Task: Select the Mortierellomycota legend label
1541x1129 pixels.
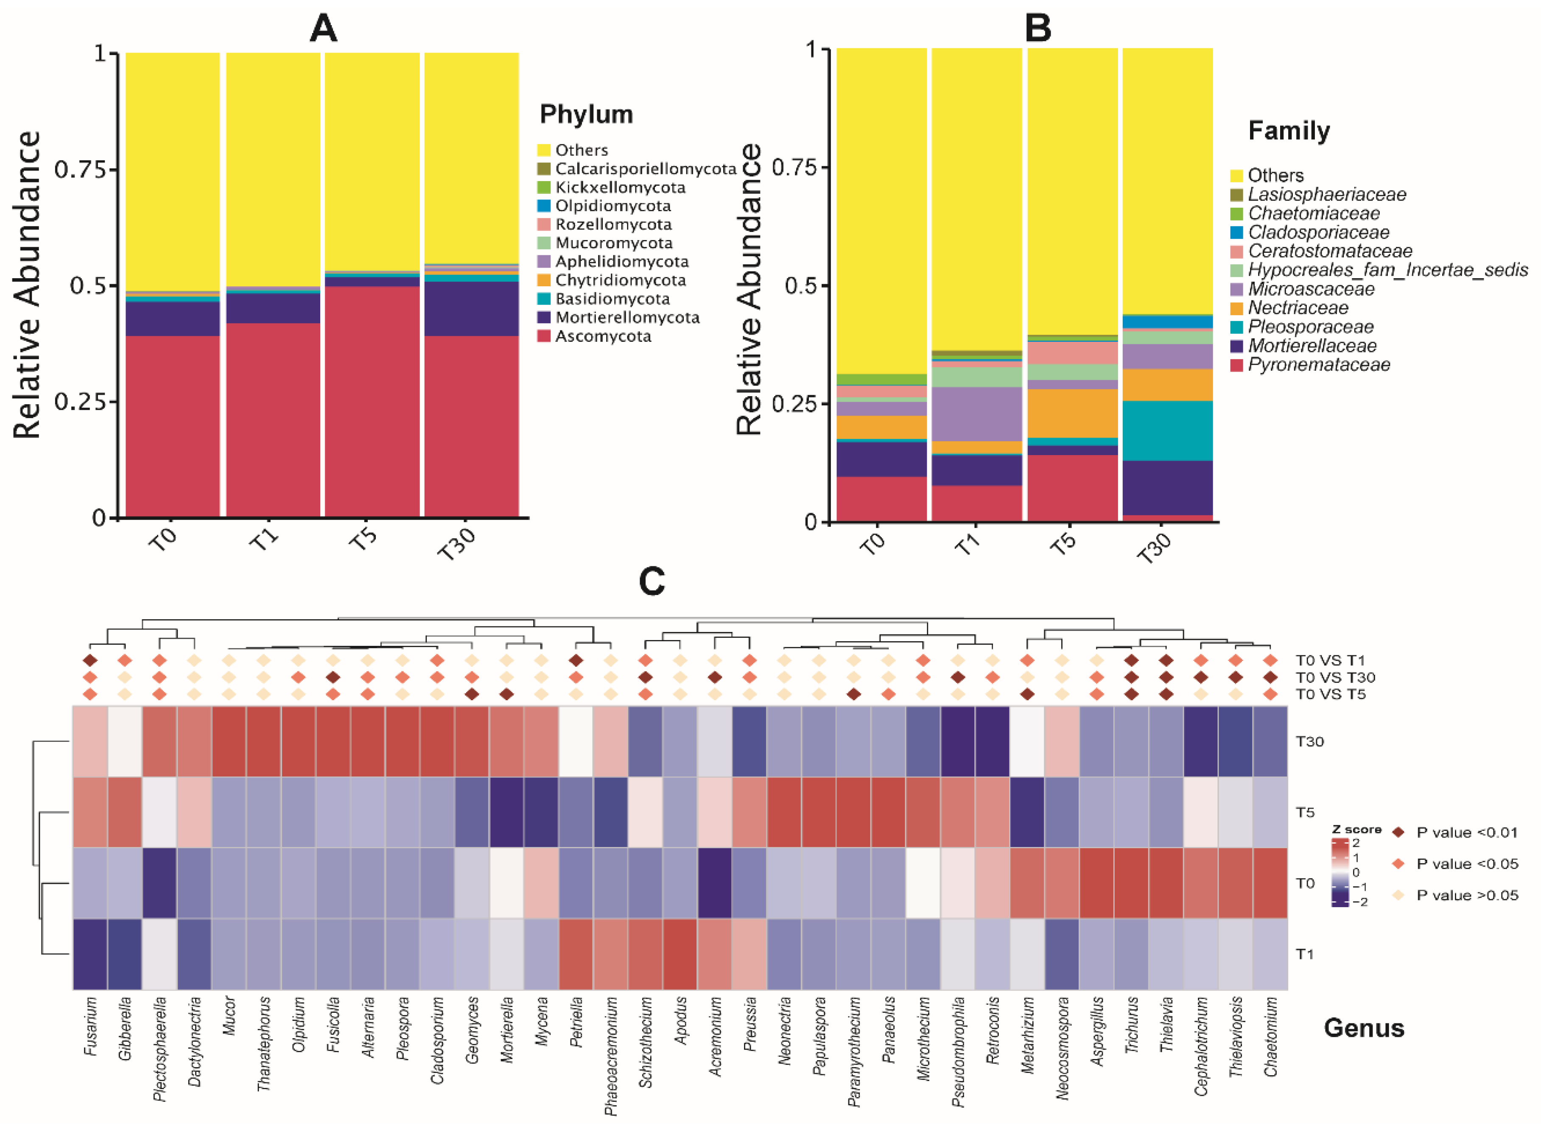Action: [626, 318]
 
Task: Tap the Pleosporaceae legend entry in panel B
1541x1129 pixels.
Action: [1310, 327]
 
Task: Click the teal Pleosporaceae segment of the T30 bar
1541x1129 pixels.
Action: [1167, 430]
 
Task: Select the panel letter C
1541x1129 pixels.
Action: [651, 582]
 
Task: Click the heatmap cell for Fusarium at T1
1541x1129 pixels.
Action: [90, 954]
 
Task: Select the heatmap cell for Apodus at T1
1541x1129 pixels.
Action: [680, 954]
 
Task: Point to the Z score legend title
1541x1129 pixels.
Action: [1356, 829]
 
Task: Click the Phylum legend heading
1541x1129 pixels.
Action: [586, 114]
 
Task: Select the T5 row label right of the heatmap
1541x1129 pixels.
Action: [1305, 813]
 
